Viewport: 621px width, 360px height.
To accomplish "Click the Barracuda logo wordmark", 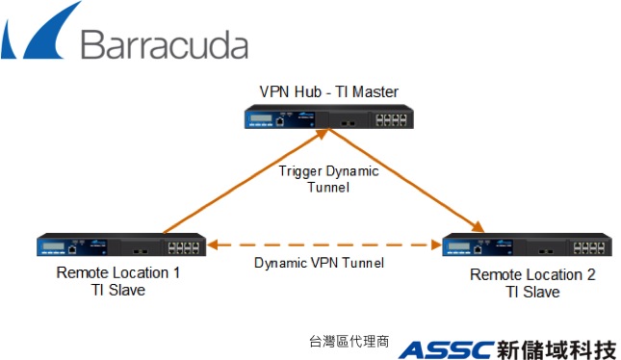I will pyautogui.click(x=164, y=44).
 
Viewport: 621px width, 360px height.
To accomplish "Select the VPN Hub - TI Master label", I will pyautogui.click(x=328, y=92).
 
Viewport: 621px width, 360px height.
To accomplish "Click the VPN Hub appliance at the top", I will pyautogui.click(x=327, y=118).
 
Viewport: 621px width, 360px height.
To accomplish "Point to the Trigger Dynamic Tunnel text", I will pyautogui.click(x=328, y=179).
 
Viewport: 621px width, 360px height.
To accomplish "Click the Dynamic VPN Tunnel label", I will pyautogui.click(x=319, y=263).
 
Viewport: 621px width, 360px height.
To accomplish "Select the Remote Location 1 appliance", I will pyautogui.click(x=121, y=246).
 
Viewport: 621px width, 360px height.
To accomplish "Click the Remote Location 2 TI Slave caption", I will pyautogui.click(x=532, y=283).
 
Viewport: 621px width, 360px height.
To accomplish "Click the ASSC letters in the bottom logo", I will pyautogui.click(x=447, y=348).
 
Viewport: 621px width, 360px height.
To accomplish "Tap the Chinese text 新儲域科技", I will pyautogui.click(x=556, y=348).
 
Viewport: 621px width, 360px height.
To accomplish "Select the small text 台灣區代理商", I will pyautogui.click(x=349, y=342).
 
